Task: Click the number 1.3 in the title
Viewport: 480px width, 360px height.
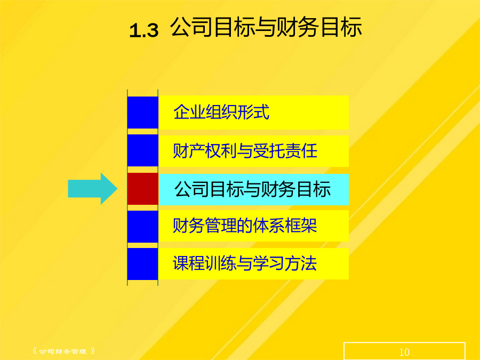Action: (x=144, y=30)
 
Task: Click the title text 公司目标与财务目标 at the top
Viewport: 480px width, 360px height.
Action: (x=266, y=27)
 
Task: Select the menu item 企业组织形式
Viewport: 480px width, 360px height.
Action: (x=221, y=112)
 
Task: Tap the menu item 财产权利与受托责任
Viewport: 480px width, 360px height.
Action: (x=245, y=150)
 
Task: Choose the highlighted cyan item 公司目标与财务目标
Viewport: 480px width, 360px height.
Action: (x=253, y=189)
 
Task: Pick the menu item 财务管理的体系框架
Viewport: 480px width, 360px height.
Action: (x=245, y=226)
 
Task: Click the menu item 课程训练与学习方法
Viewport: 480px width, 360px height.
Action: (x=245, y=263)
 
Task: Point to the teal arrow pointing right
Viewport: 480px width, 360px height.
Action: (x=92, y=189)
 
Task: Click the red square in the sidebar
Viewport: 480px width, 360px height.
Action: (x=142, y=189)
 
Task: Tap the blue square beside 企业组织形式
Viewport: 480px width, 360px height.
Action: (x=142, y=113)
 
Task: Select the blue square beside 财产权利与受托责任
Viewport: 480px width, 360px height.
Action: (x=142, y=150)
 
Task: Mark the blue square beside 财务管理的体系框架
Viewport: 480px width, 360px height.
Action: (x=142, y=227)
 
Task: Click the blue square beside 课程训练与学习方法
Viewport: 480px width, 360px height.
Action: (x=142, y=264)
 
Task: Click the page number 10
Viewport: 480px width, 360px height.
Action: (x=404, y=352)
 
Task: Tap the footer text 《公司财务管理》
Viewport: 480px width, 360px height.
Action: (x=63, y=351)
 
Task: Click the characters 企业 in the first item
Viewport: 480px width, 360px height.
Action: (x=189, y=112)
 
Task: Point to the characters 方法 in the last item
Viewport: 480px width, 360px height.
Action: (x=301, y=263)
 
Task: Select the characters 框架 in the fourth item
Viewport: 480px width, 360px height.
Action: (x=301, y=226)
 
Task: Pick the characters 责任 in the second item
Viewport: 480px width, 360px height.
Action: (x=301, y=150)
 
